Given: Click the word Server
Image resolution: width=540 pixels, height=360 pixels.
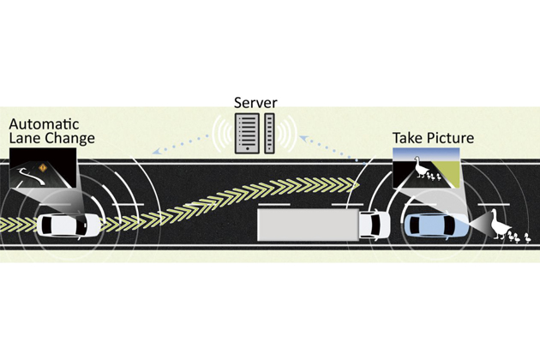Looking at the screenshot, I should coord(255,104).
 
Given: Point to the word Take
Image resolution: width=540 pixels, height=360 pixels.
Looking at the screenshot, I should coord(409,137).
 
